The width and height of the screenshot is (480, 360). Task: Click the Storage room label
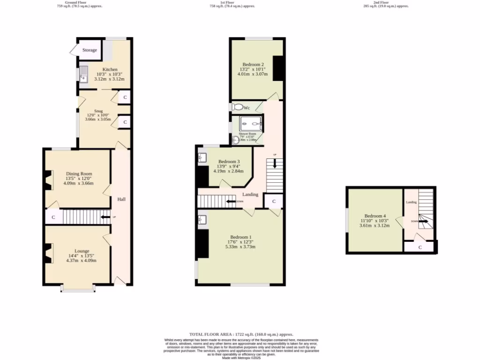(90, 50)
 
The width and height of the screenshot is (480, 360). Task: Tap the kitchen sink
(83, 75)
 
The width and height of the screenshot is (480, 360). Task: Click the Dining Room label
(79, 173)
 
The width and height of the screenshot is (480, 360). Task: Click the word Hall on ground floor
(121, 199)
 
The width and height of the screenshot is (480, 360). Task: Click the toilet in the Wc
(238, 107)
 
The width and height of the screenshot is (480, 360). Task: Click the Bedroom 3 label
(229, 161)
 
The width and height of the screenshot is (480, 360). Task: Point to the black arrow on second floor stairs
(423, 221)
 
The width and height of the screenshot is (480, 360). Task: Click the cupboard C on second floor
(420, 247)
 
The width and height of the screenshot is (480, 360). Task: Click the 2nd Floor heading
(386, 2)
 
